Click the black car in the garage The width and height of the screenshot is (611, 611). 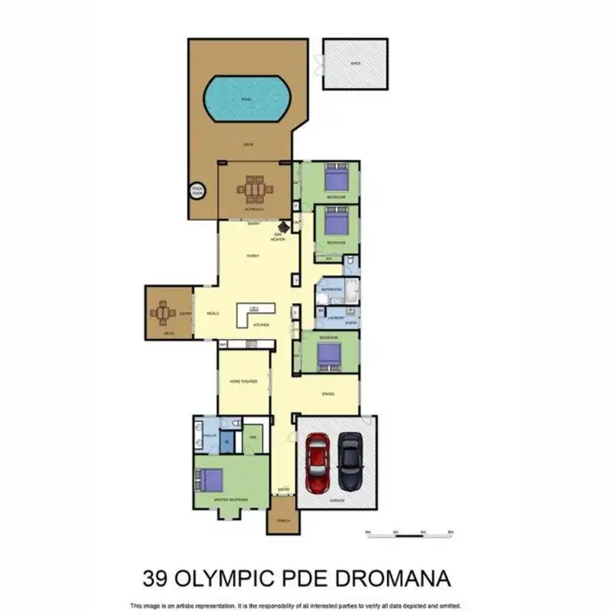350,459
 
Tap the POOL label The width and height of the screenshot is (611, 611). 246,99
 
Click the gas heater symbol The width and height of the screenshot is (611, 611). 284,228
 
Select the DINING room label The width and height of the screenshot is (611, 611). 327,394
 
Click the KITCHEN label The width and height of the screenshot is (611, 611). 261,324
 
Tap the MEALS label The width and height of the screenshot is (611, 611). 213,313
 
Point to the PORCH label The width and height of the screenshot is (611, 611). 283,520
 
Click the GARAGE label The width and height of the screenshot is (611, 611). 336,500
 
